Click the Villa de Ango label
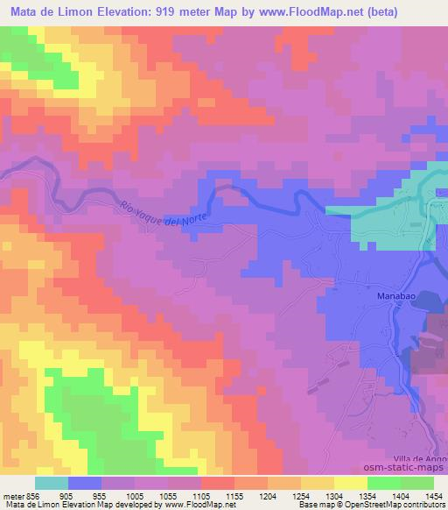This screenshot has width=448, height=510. click(423, 459)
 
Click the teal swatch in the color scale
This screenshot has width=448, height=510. click(52, 483)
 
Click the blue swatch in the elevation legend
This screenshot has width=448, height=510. click(85, 483)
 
